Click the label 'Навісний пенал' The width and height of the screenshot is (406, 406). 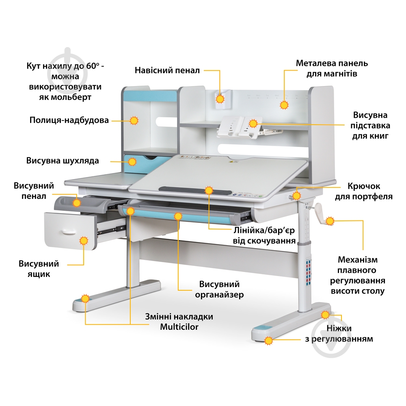167,70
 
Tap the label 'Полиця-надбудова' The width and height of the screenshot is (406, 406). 69,120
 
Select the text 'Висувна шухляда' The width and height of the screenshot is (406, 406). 63,160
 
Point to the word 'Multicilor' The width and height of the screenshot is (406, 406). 179,327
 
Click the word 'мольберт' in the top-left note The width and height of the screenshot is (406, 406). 65,97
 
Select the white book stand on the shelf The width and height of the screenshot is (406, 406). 240,126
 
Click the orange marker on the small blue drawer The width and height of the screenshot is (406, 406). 132,162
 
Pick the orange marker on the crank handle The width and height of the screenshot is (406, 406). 330,221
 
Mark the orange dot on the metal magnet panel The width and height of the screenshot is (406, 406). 284,105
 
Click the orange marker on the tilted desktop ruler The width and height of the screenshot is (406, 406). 209,190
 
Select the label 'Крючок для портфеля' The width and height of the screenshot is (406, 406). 363,191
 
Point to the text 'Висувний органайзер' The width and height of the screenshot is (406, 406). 219,289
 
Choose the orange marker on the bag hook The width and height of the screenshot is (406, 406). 296,196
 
